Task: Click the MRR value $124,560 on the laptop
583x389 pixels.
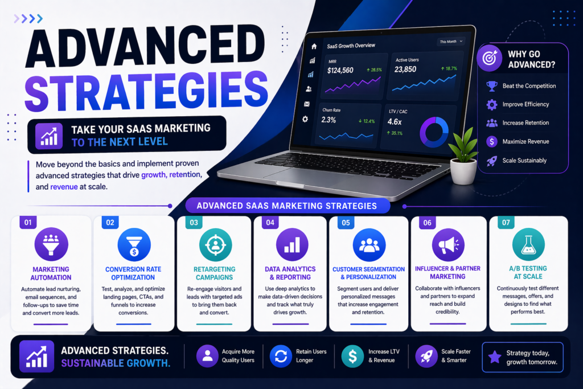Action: [x=340, y=71]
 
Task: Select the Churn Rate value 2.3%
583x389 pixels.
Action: [x=329, y=120]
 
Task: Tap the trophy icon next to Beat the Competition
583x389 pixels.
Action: [x=492, y=86]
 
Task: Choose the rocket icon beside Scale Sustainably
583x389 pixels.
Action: [x=492, y=161]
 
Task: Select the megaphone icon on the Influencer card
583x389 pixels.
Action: [x=448, y=245]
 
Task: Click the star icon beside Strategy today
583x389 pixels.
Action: [x=495, y=357]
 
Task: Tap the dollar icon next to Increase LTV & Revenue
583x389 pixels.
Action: [x=352, y=357]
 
